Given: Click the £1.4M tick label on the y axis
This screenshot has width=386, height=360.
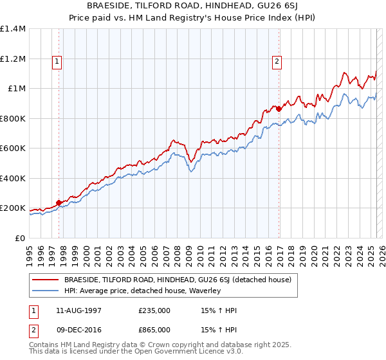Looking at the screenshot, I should pos(12,29).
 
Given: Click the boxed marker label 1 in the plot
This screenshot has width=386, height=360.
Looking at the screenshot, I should pos(58,62).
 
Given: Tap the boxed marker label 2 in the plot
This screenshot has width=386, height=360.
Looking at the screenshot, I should pos(277,62).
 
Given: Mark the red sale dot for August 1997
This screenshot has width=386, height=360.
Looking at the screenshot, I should pos(59,203).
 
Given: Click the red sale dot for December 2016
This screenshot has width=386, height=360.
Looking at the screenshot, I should pos(279,109).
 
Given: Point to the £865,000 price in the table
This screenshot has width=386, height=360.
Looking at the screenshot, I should pos(154,329).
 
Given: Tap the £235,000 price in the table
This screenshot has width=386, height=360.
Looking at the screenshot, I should pos(154,310).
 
